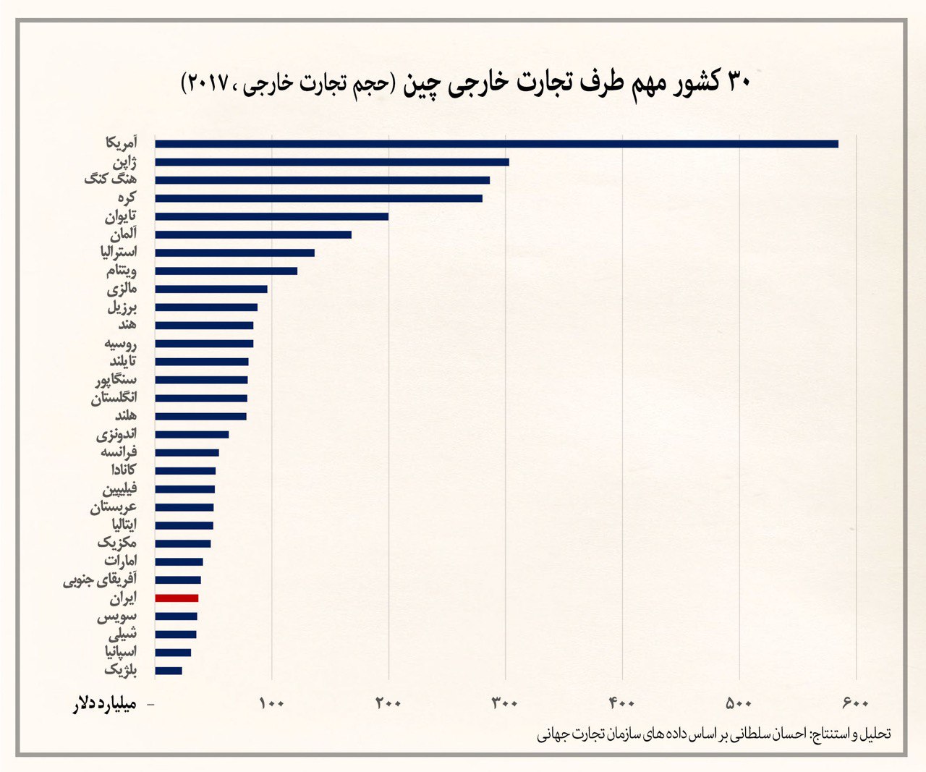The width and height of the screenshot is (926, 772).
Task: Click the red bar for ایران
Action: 177,598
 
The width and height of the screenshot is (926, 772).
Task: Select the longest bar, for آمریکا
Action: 496,143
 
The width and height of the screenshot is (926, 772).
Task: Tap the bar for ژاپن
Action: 331,162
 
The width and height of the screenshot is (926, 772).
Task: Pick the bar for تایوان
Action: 271,216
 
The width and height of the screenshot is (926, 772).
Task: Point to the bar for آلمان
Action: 253,234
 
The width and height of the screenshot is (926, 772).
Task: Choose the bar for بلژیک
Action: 169,671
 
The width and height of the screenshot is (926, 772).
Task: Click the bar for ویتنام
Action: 226,271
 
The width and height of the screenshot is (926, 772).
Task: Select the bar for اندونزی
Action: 192,435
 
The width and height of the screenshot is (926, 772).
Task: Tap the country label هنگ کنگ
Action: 110,179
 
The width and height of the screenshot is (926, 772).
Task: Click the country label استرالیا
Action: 119,252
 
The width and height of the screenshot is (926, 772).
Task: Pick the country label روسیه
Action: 120,343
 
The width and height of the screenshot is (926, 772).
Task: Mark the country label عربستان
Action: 114,507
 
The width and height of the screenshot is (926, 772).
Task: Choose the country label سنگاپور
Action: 115,379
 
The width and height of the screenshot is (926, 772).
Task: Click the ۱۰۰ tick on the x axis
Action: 271,703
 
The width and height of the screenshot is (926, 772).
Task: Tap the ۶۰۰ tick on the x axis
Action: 857,703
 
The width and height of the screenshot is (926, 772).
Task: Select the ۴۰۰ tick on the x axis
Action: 622,703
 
